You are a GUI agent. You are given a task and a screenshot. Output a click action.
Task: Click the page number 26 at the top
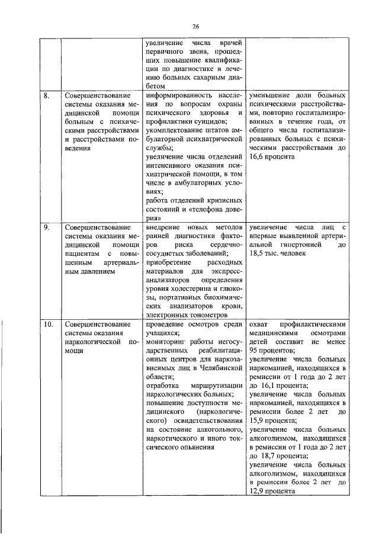click(196, 26)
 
